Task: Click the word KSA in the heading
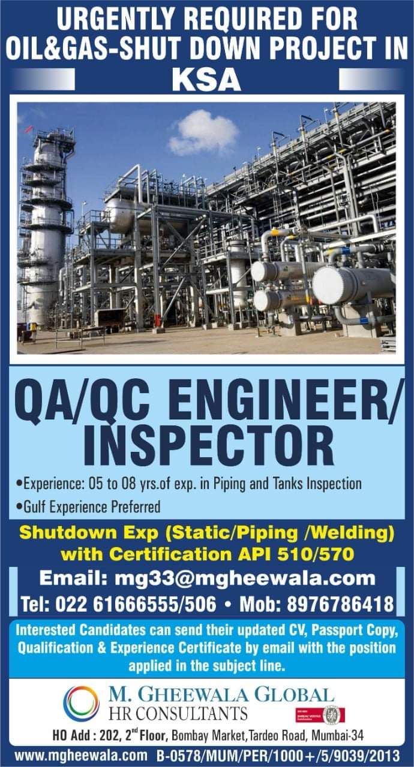pyautogui.click(x=206, y=80)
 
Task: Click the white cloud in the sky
pyautogui.click(x=203, y=133)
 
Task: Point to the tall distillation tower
pyautogui.click(x=46, y=226)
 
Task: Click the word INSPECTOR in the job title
pyautogui.click(x=208, y=445)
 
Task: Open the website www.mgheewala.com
pyautogui.click(x=81, y=756)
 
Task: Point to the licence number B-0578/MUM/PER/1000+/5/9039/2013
pyautogui.click(x=278, y=756)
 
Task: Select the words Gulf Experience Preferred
pyautogui.click(x=92, y=507)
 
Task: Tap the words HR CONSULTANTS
pyautogui.click(x=178, y=714)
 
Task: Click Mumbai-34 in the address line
pyautogui.click(x=337, y=735)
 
